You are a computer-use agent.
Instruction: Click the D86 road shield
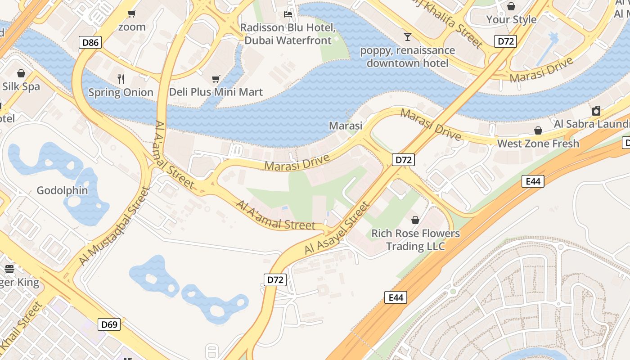click(90, 43)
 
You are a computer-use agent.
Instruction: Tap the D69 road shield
click(109, 324)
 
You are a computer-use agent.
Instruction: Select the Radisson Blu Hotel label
click(288, 34)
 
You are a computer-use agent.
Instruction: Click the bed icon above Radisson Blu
click(288, 14)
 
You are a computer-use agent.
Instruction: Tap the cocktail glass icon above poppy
click(408, 36)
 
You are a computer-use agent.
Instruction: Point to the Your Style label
click(511, 19)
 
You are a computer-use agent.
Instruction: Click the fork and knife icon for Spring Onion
click(121, 79)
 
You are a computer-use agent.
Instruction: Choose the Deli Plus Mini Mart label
click(216, 92)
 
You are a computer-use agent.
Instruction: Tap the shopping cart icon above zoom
click(132, 13)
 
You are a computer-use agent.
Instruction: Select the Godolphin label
click(62, 190)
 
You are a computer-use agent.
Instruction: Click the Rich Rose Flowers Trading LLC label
click(415, 240)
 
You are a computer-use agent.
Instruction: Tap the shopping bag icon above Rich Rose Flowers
click(415, 220)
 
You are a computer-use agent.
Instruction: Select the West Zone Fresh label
click(538, 144)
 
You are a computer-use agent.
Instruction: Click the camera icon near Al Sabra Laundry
click(596, 111)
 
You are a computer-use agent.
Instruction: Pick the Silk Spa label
click(21, 86)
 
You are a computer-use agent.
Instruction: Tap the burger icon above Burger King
click(9, 269)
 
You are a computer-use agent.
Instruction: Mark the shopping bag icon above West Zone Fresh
click(538, 130)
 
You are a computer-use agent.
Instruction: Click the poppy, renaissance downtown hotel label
click(408, 56)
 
